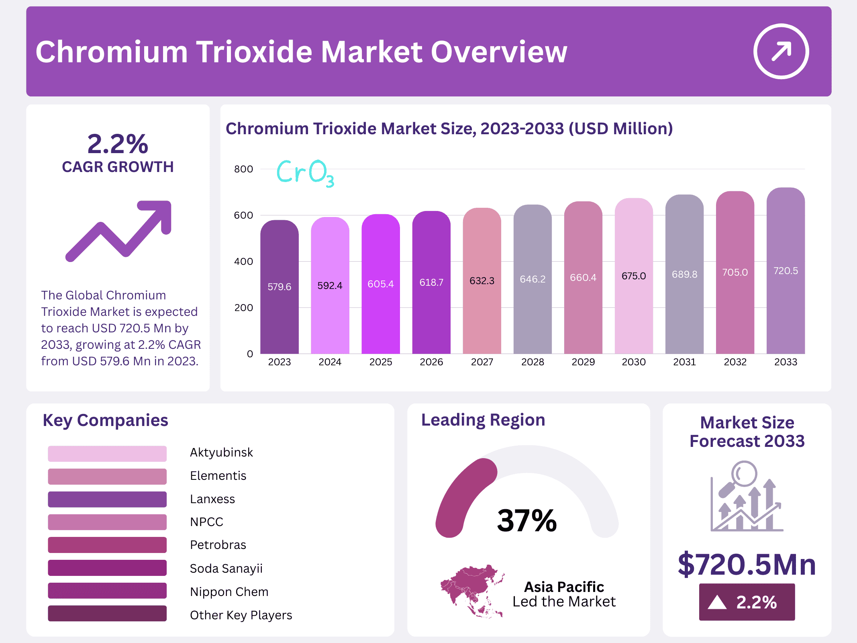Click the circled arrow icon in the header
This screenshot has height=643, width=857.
pos(781,51)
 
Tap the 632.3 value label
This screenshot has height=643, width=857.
pos(482,281)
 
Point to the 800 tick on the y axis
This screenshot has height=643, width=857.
pos(243,169)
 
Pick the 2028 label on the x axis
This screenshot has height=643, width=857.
pos(532,362)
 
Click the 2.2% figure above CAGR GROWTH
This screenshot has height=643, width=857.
pos(118,144)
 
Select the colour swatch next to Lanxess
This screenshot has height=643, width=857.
pos(107,499)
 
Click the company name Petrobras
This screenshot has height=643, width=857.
pos(218,545)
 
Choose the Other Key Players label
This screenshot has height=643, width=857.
pos(241,615)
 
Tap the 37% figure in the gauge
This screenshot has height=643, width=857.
pos(526,521)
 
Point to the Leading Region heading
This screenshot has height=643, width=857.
pos(483,420)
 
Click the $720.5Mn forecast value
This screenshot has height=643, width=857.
pos(747,565)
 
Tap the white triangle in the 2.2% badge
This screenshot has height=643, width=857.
pos(717,602)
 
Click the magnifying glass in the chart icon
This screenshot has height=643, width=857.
pos(743,474)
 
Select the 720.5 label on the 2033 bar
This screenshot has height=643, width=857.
pos(785,271)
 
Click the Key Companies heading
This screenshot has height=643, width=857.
pos(105,420)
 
